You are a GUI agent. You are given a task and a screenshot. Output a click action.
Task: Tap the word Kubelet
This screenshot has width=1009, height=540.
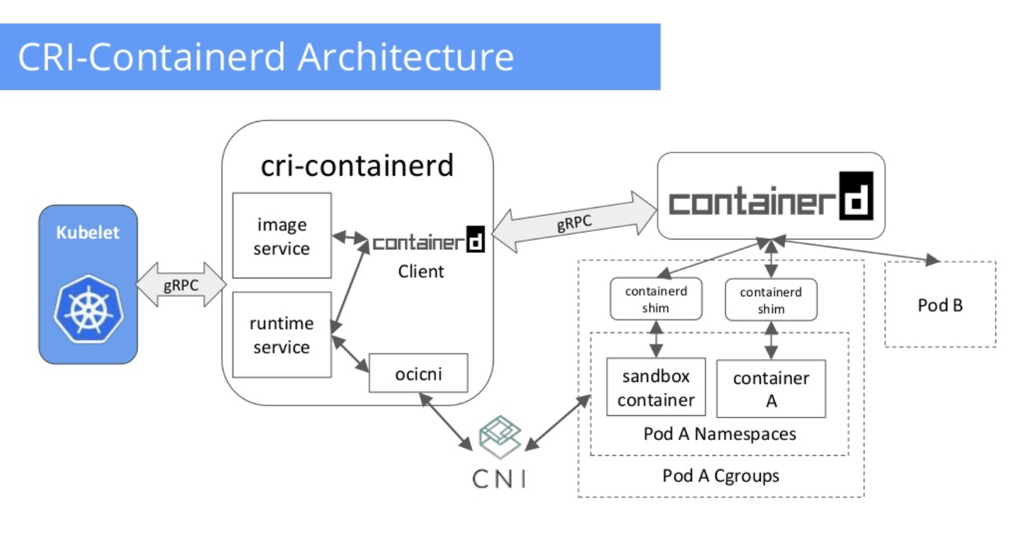88,232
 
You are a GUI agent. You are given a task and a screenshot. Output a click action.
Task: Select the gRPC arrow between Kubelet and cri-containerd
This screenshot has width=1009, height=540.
181,284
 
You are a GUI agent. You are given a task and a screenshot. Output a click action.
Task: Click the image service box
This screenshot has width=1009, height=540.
281,235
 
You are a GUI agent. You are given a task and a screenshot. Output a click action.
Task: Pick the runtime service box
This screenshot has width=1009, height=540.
281,334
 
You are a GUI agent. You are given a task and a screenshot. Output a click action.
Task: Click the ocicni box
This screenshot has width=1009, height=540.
418,373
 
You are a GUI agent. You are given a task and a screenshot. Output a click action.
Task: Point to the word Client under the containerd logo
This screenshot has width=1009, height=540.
421,271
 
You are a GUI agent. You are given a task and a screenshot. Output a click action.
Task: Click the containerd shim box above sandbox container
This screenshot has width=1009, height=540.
656,299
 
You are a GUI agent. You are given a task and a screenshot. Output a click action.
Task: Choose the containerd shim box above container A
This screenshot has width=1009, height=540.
771,300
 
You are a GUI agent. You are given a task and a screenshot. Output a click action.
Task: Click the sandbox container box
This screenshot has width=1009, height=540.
656,387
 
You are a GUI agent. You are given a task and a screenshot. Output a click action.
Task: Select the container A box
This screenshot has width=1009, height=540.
771,388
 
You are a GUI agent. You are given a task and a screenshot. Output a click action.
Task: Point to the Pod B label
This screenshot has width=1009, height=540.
940,306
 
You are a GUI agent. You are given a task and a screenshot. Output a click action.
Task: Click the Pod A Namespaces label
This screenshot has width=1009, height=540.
720,434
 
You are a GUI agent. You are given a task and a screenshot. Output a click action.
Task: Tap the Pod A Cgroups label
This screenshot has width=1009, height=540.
720,476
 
